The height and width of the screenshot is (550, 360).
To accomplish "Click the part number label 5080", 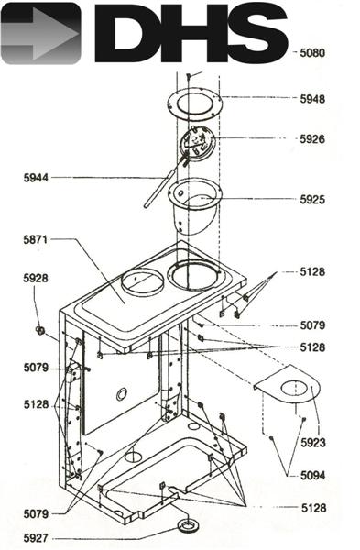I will [312, 53].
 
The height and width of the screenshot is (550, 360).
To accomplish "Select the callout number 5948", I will [312, 98].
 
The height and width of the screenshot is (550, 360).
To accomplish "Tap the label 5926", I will [312, 139].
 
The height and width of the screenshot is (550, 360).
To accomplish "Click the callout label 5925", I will [312, 199].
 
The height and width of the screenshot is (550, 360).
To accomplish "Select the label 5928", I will [36, 278].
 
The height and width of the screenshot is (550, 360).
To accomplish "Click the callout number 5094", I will [312, 475].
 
